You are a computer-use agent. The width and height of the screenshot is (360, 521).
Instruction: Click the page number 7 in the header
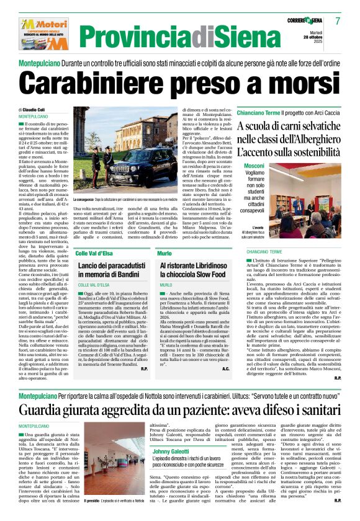point(338,20)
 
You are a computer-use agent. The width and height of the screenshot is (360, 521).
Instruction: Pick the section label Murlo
point(164,253)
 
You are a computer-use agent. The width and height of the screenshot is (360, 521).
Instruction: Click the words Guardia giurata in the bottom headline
point(66,410)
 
